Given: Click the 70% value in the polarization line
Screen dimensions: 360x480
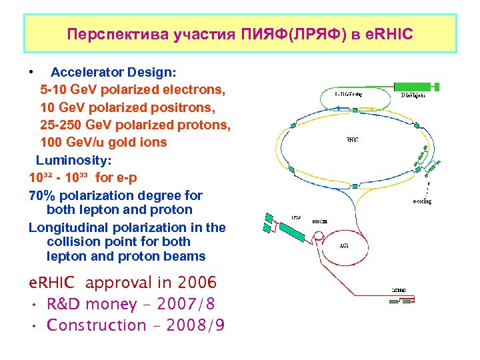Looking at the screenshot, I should point(43,195).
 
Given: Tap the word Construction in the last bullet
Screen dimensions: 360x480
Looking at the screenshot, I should point(96,325).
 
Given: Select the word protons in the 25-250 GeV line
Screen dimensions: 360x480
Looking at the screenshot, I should point(205,125).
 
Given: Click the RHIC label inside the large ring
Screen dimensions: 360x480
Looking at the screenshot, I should point(353,140).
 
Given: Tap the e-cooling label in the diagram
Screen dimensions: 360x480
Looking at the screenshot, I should point(421,201).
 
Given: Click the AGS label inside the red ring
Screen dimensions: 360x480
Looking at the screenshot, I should point(344,245).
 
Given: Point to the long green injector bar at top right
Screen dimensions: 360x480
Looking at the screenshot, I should point(413,87).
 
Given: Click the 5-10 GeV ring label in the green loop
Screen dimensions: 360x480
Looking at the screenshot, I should point(348,95).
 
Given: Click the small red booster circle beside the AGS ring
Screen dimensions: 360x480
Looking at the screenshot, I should point(319,235).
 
